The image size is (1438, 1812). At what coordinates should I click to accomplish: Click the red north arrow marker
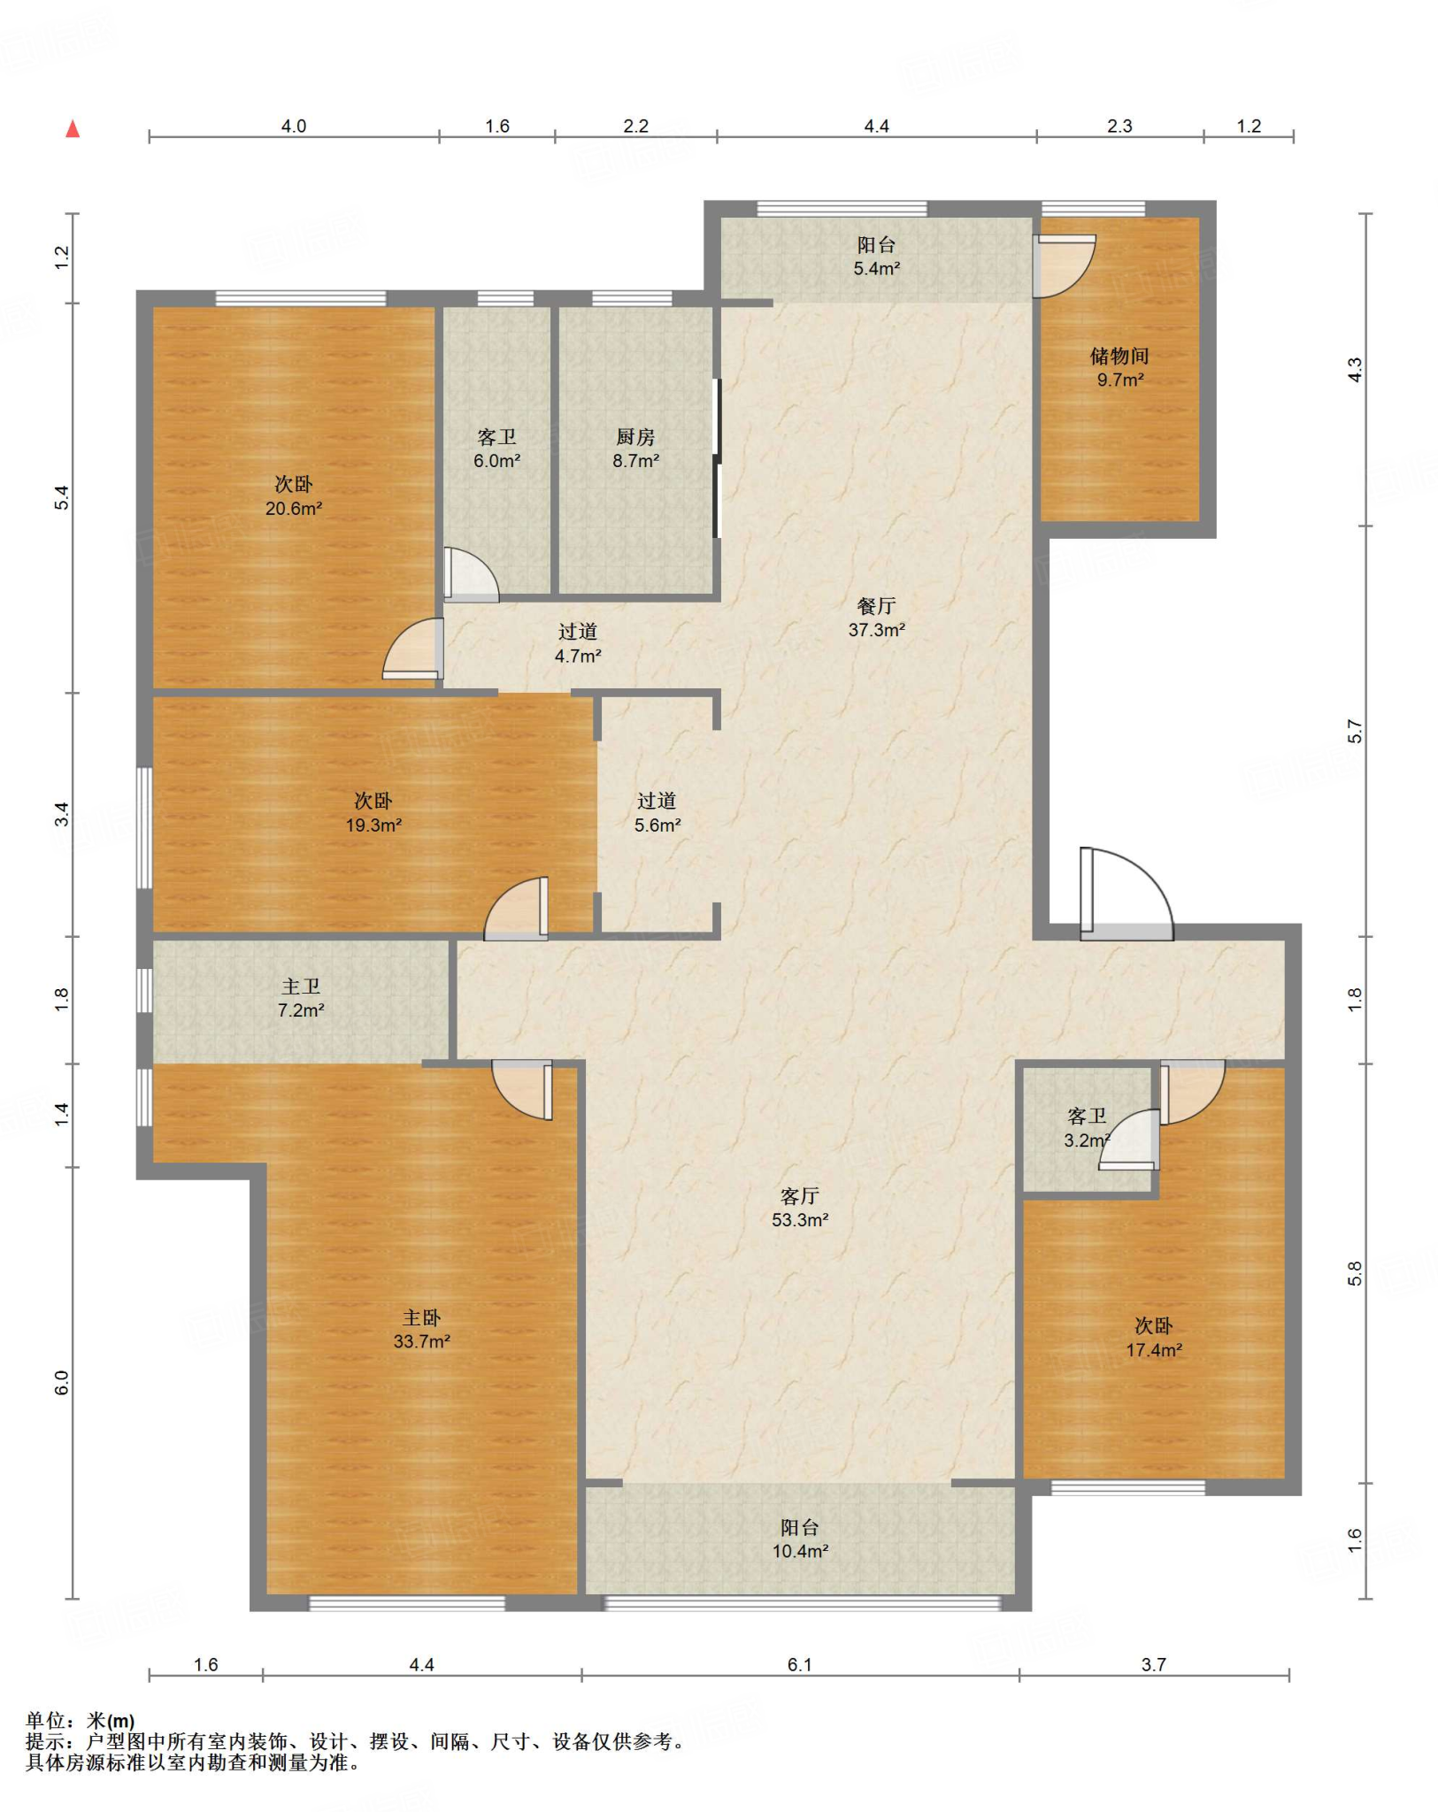[73, 129]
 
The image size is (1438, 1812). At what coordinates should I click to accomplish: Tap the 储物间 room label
[1119, 356]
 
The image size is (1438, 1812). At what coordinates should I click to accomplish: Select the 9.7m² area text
[1120, 380]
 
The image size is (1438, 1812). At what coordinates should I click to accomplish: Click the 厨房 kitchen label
[635, 437]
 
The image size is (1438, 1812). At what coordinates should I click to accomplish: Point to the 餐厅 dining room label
[876, 606]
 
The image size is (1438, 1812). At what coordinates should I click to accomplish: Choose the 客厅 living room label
[799, 1196]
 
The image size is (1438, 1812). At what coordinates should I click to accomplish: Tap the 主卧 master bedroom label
[421, 1318]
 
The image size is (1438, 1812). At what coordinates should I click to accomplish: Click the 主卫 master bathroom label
[301, 987]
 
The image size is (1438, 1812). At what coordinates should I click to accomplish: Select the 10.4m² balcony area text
[800, 1551]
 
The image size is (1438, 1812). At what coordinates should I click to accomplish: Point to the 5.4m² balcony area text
[876, 269]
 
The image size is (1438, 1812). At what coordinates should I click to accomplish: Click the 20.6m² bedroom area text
[294, 509]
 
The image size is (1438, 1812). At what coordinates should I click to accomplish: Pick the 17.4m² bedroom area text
[1154, 1350]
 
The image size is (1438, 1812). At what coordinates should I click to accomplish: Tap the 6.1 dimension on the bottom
[799, 1664]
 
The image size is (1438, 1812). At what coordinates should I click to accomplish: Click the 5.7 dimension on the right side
[1355, 732]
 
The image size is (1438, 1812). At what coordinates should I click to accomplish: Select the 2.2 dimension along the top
[635, 127]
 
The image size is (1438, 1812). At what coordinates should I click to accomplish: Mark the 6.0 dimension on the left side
[61, 1383]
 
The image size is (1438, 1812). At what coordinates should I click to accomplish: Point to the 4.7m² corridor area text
[578, 656]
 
